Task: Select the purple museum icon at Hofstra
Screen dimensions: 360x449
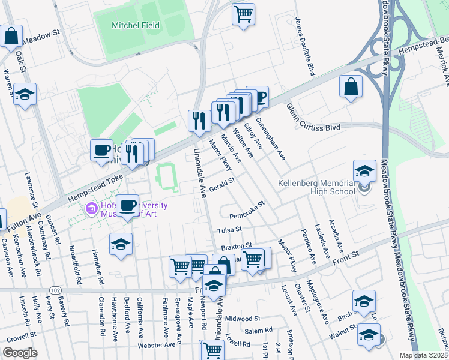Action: tap(91, 209)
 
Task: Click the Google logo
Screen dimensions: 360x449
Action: tap(20, 353)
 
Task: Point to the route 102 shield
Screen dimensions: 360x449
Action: tap(56, 290)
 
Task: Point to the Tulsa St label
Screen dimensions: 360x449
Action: tap(229, 229)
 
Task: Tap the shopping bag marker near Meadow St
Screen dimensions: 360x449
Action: tap(11, 35)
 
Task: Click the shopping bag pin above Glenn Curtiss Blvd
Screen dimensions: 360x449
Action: tap(351, 86)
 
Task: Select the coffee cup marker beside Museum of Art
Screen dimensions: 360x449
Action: tap(127, 205)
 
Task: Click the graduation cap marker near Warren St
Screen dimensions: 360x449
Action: tap(25, 94)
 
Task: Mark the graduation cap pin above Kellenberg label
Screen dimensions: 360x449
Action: tap(364, 170)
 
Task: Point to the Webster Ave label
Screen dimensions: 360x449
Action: tap(159, 345)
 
